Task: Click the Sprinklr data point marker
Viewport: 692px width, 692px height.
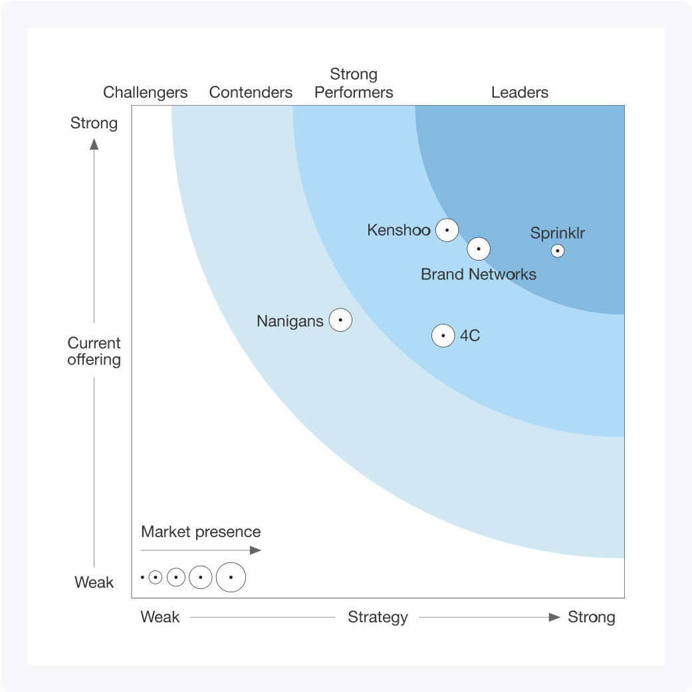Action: [558, 251]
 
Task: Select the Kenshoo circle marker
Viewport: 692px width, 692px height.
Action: [447, 230]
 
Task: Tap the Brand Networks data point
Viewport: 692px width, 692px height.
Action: [479, 249]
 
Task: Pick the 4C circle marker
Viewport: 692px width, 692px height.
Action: [443, 336]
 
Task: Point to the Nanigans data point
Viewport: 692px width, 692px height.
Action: [340, 320]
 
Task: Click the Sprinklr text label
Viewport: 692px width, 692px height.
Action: [558, 233]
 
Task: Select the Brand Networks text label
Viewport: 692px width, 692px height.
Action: [479, 274]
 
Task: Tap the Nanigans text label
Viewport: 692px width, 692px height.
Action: [290, 321]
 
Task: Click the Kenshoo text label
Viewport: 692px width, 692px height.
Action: [399, 231]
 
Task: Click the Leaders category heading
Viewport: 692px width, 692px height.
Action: [520, 92]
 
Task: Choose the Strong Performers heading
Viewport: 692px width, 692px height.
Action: [354, 83]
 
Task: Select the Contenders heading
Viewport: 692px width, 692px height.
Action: [251, 92]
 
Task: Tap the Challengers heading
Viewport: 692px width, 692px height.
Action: [146, 92]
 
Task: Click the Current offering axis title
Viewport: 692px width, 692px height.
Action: [94, 351]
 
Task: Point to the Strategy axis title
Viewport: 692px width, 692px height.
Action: [378, 617]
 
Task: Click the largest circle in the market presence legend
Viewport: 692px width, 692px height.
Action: [231, 577]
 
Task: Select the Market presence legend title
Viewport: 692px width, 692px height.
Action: [201, 532]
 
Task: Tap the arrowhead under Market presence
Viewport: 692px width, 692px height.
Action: [256, 550]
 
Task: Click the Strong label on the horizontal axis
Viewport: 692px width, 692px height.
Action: [591, 617]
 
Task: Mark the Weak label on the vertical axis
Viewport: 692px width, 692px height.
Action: [94, 582]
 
